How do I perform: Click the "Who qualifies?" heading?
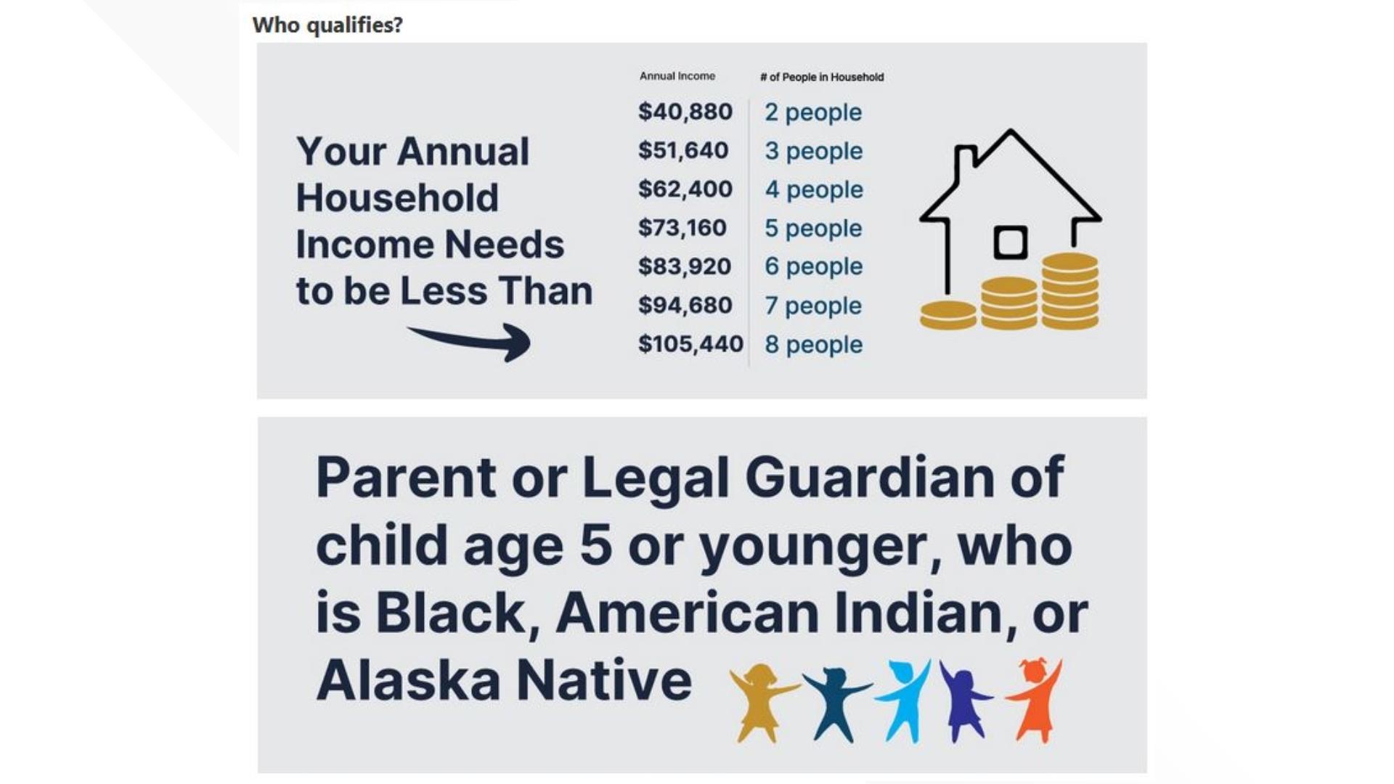[x=327, y=25]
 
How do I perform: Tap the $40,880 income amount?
[x=685, y=112]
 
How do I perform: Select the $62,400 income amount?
[x=685, y=189]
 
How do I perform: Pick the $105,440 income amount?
[x=690, y=343]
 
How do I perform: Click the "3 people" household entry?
[x=813, y=151]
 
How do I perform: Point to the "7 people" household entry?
[x=812, y=306]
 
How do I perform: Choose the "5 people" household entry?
[x=812, y=228]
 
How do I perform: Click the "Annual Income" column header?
[x=677, y=76]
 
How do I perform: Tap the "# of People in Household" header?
[x=821, y=77]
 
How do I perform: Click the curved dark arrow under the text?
[x=472, y=341]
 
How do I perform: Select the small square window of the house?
[x=1010, y=242]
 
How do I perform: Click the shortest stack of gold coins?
[x=947, y=315]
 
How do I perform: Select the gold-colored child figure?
[x=761, y=701]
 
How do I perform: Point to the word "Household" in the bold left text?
[x=397, y=198]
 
